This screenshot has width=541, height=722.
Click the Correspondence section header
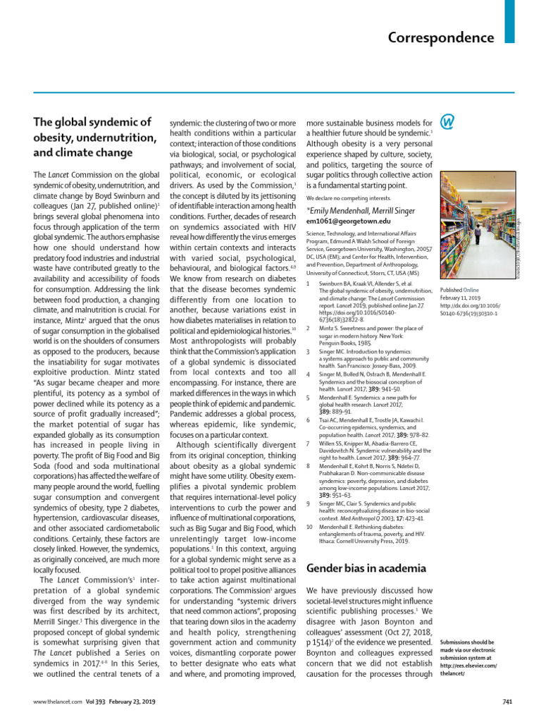[x=441, y=37]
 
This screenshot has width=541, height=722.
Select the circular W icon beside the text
[x=447, y=121]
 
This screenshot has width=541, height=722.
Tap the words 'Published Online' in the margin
[x=459, y=290]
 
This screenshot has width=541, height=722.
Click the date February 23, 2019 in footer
[x=131, y=702]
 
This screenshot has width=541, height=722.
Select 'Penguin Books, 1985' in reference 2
[x=342, y=341]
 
